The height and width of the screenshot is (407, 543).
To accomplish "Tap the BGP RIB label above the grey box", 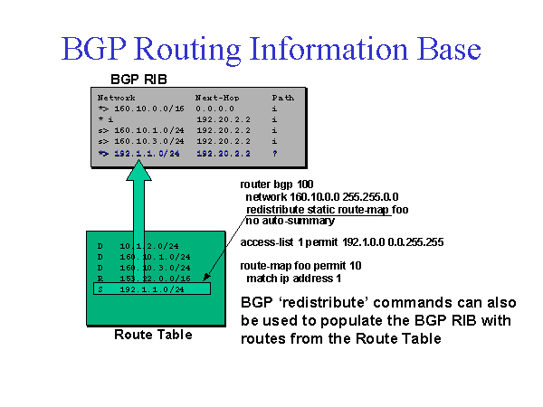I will pyautogui.click(x=139, y=79).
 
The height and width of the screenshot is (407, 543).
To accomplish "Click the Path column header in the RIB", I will pyautogui.click(x=282, y=96).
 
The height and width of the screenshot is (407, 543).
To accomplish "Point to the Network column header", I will pyautogui.click(x=117, y=96).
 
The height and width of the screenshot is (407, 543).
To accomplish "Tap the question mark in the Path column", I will pyautogui.click(x=273, y=154).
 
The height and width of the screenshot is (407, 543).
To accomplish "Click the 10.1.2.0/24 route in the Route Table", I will pyautogui.click(x=145, y=244).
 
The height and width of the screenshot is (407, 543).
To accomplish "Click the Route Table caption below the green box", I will pyautogui.click(x=153, y=335).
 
